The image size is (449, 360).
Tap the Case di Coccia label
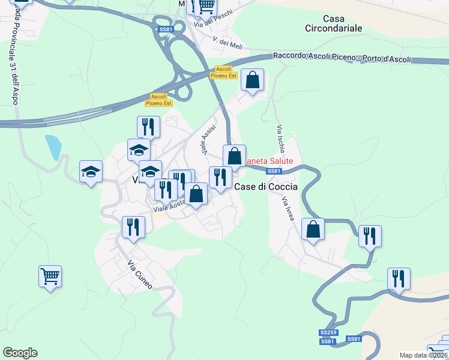coord(265,187)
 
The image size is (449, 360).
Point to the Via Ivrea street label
coord(289,208)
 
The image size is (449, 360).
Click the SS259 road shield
coord(328,332)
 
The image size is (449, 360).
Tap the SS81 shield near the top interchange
coord(165,29)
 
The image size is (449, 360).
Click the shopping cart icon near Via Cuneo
coord(50,276)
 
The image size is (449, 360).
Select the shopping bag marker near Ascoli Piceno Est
coord(253,79)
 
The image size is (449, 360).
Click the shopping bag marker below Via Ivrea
coord(313,229)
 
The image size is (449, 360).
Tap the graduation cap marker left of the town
coord(91,172)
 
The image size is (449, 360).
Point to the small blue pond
coord(53,147)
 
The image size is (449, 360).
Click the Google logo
coord(20,353)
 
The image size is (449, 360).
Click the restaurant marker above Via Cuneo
coord(133,227)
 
